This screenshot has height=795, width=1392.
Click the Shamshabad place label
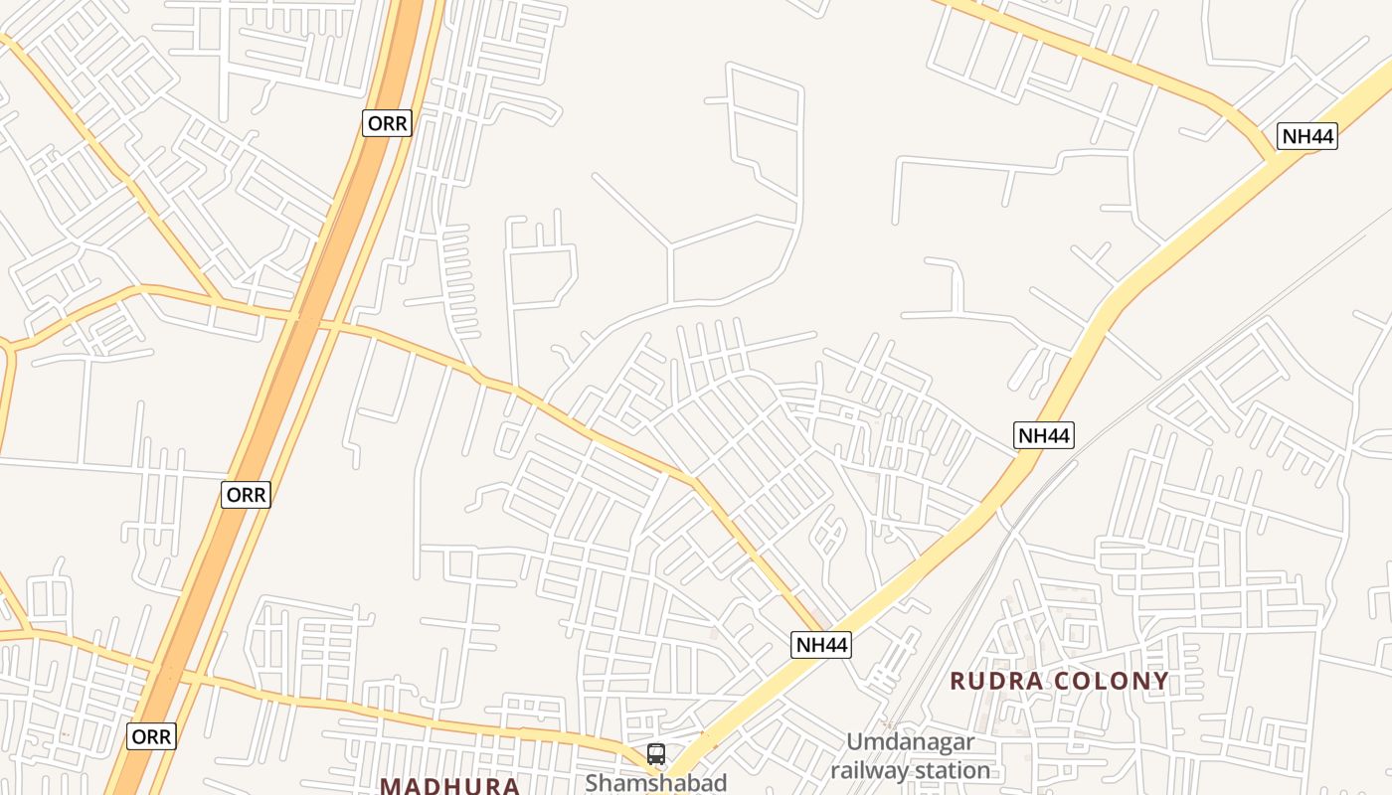point(655,782)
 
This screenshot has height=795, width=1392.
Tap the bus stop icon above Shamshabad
point(655,753)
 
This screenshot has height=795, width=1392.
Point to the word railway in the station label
point(867,770)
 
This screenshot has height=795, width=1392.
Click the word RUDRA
point(996,682)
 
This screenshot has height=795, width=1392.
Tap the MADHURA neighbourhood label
point(449,786)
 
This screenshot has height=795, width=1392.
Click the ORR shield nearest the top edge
point(387,123)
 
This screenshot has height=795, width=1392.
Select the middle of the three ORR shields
point(246,495)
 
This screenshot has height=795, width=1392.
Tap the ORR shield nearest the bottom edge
point(151,736)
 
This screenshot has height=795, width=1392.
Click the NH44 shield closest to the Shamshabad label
point(822,645)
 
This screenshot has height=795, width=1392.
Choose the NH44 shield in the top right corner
point(1307,136)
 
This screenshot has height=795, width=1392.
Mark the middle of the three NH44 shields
point(1044,434)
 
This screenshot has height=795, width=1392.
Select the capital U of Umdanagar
point(854,742)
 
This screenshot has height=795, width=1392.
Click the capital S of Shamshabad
point(592,782)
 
